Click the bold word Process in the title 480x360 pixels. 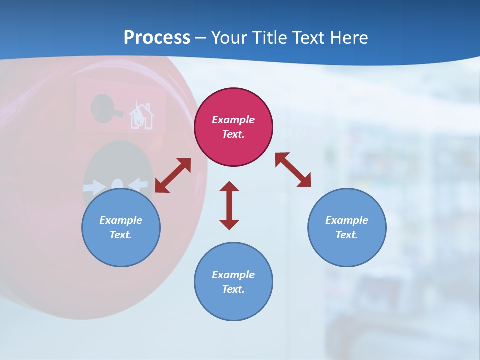[157, 37]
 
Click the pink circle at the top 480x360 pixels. [233, 127]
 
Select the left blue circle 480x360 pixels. [121, 227]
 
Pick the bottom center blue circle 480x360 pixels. [233, 281]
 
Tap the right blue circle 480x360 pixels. [347, 227]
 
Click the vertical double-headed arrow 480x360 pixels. [229, 205]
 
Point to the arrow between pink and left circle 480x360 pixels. [173, 175]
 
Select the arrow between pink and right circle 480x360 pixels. [293, 170]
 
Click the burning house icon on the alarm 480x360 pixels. [141, 116]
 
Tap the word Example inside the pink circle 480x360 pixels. [233, 120]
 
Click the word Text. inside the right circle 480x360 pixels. [347, 235]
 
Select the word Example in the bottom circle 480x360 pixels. [233, 274]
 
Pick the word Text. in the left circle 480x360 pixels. [121, 235]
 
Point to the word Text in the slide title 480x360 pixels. [308, 37]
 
